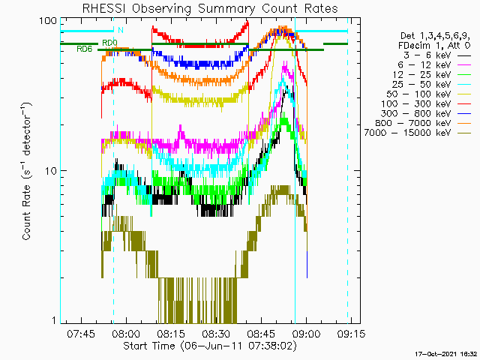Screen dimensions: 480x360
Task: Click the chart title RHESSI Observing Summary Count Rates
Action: tap(210, 8)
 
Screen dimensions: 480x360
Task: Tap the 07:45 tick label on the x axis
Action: tap(81, 333)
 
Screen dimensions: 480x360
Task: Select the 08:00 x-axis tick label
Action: tap(126, 333)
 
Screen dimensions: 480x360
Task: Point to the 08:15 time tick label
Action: tap(171, 333)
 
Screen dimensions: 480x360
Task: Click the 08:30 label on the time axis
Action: tap(216, 333)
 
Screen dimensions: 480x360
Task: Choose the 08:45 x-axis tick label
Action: tap(261, 333)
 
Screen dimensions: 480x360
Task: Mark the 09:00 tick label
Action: tap(307, 333)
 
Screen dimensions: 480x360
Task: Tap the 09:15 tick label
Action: tap(352, 333)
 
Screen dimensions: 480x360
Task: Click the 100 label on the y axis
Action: tap(48, 21)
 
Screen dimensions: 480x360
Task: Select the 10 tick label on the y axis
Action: tap(51, 171)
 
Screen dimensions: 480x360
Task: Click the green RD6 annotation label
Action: tap(84, 49)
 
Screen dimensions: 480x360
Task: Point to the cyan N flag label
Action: tap(121, 30)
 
